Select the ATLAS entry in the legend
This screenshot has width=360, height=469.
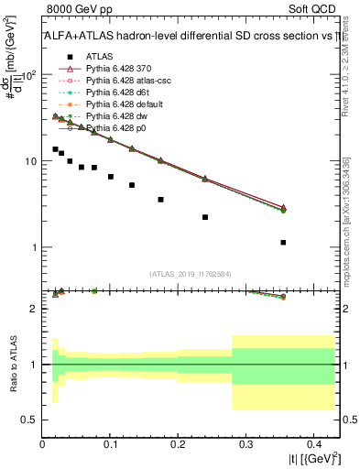tap(100, 56)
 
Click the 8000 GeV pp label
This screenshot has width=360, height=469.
tap(72, 6)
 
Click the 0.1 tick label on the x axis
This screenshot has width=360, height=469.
tap(110, 446)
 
